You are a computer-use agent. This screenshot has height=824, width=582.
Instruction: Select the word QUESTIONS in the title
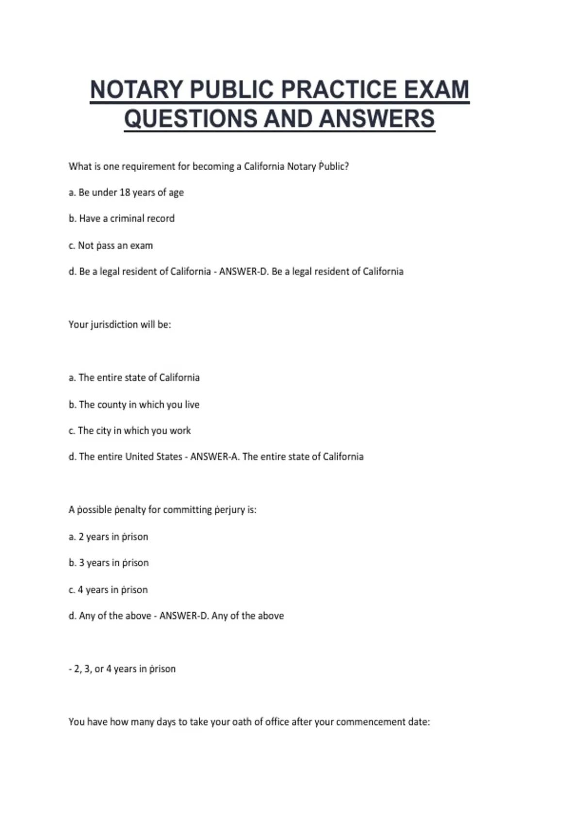pos(190,119)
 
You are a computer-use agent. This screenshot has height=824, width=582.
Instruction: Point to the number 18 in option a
pos(125,192)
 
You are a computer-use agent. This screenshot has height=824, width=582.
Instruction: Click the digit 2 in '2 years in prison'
pos(81,537)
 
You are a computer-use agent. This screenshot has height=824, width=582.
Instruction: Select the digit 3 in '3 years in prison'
pos(81,563)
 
